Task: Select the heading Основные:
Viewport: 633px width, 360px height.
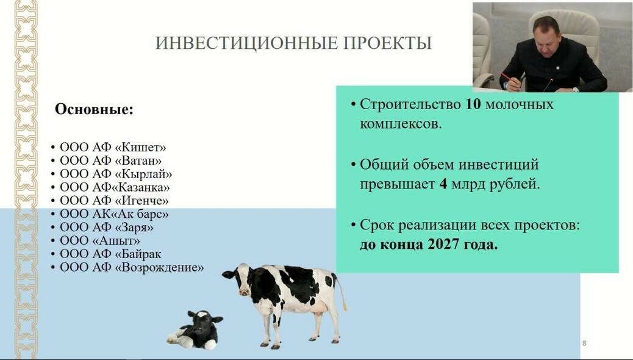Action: click(94, 110)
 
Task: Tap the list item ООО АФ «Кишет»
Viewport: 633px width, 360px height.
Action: click(113, 147)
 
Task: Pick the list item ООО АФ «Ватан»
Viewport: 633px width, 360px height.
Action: click(111, 160)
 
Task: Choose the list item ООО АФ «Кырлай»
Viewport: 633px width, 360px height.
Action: click(116, 174)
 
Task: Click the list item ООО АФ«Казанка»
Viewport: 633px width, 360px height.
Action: click(115, 187)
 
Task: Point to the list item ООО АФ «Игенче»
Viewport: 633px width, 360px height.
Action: click(114, 201)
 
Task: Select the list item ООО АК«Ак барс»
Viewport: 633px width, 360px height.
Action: click(114, 214)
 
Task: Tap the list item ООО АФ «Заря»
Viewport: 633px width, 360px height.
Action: click(107, 228)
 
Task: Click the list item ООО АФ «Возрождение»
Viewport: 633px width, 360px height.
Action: click(132, 268)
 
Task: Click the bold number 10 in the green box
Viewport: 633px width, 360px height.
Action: click(473, 104)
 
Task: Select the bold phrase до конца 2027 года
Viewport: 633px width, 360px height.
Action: click(428, 246)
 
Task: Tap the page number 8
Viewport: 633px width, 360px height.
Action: click(584, 344)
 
